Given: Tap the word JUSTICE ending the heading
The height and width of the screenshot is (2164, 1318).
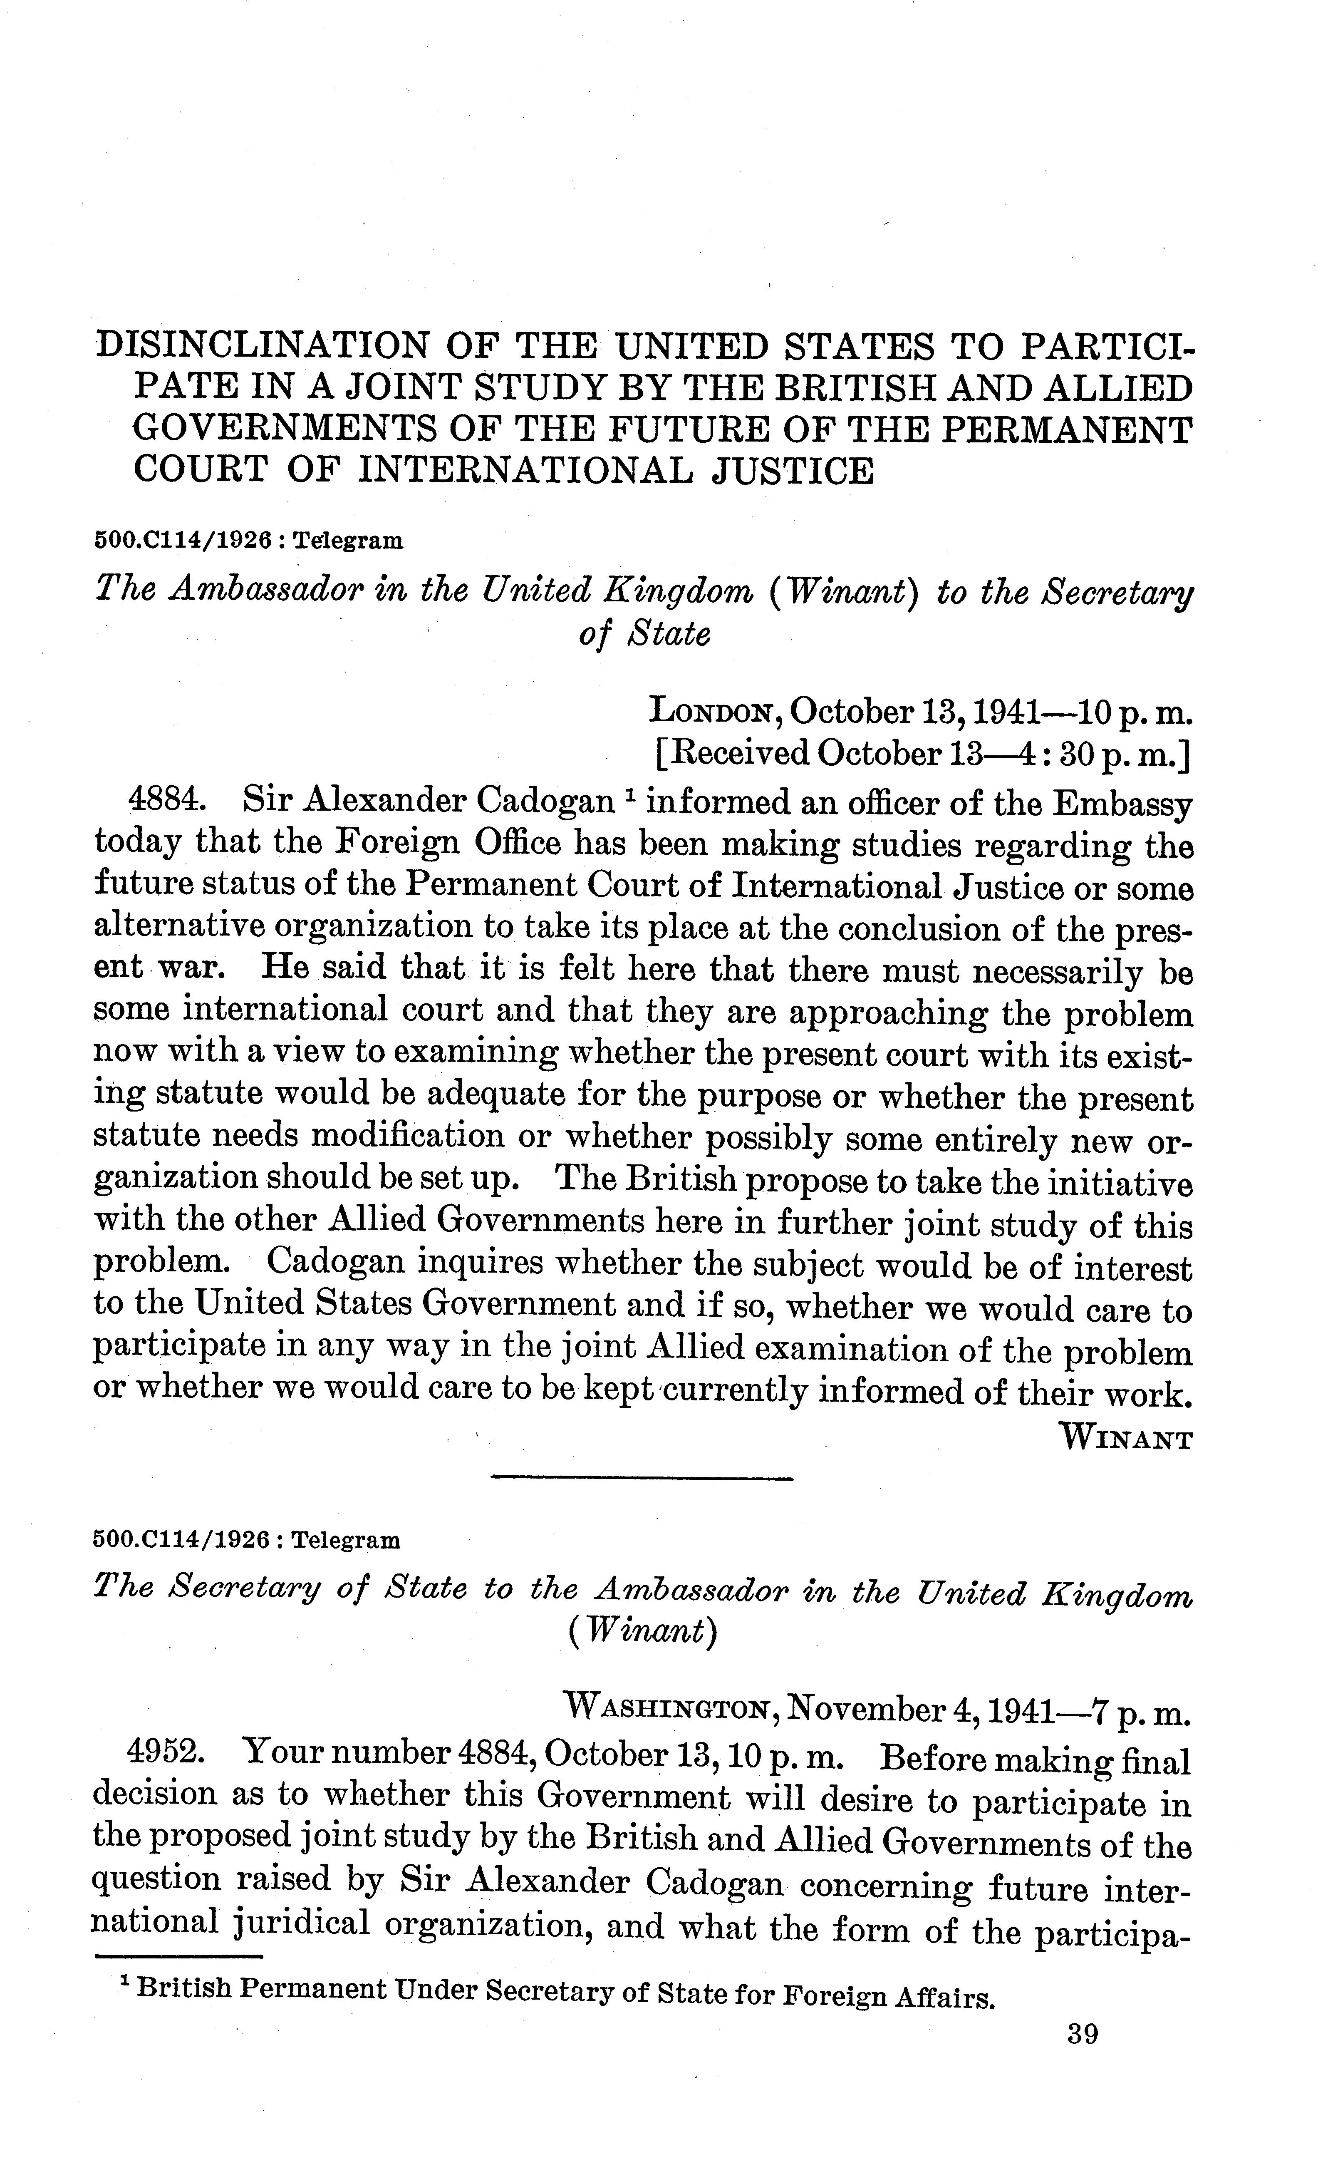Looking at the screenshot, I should pyautogui.click(x=792, y=472).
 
